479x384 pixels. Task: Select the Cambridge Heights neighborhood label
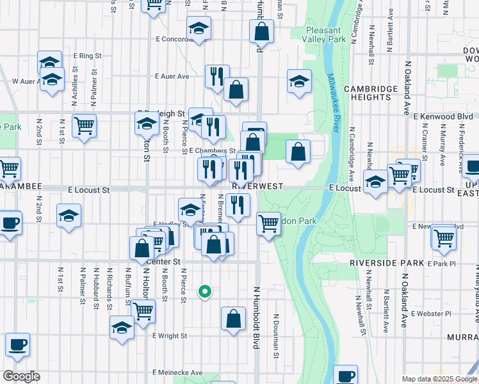(x=373, y=94)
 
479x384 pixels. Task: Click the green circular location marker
(x=205, y=292)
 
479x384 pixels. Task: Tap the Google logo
(x=21, y=376)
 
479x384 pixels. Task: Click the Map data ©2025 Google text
(x=439, y=379)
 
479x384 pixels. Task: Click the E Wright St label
(x=169, y=335)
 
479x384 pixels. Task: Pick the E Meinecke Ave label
(x=177, y=372)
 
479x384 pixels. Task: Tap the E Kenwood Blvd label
(x=443, y=116)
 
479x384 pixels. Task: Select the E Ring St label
(x=88, y=56)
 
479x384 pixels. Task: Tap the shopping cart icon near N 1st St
(x=84, y=125)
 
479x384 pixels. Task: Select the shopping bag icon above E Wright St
(x=234, y=318)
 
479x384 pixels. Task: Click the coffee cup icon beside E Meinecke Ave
(x=346, y=376)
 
